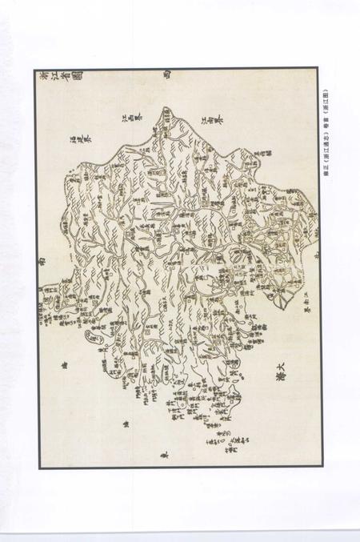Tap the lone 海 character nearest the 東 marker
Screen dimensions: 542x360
[126, 424]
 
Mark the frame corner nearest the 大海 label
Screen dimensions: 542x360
[321, 466]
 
